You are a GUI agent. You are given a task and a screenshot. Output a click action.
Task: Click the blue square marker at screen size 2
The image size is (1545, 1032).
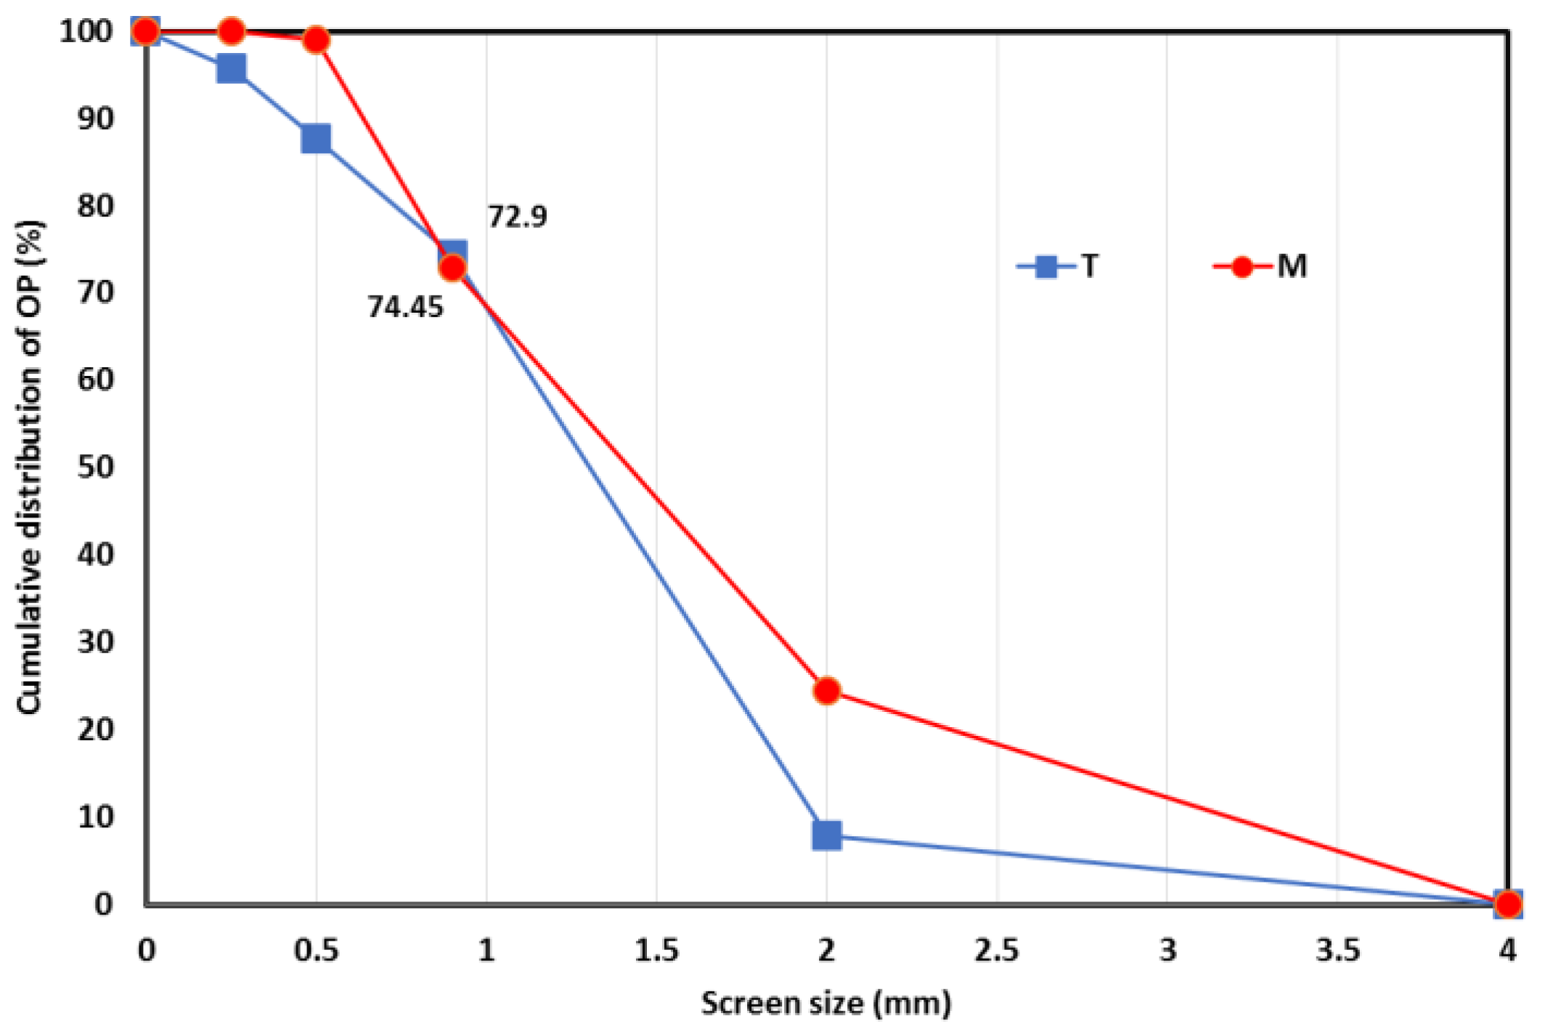click(x=826, y=835)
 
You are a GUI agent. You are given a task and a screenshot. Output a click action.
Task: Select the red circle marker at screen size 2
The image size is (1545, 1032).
click(x=826, y=691)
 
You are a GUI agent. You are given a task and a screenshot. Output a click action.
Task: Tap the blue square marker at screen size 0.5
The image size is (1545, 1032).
click(x=316, y=138)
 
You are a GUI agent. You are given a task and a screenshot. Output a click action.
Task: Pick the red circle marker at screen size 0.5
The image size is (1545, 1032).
click(x=316, y=39)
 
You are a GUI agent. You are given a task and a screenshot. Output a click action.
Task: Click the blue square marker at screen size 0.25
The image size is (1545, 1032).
click(x=231, y=69)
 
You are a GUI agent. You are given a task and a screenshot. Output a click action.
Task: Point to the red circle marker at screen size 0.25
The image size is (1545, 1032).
click(x=231, y=31)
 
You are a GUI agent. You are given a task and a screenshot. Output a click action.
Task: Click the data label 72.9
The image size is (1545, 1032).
click(x=517, y=217)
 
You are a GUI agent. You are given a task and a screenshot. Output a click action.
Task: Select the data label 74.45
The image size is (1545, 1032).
click(x=404, y=307)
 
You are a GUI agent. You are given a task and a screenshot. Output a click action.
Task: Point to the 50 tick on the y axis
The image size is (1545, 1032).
click(x=95, y=467)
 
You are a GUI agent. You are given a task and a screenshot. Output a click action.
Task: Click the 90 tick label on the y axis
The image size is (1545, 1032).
click(x=95, y=118)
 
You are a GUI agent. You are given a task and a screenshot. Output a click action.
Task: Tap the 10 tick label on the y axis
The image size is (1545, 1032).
click(x=95, y=817)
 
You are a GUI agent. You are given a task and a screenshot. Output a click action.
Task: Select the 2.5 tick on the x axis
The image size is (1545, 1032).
click(x=996, y=950)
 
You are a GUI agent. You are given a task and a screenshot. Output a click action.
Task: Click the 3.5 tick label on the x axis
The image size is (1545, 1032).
click(x=1337, y=950)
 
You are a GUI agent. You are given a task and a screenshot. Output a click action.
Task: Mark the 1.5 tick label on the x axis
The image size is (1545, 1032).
click(x=656, y=950)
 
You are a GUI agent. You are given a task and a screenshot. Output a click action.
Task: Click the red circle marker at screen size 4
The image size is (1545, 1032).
click(x=1508, y=904)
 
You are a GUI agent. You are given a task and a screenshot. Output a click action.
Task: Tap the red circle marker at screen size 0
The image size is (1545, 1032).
click(x=146, y=31)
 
